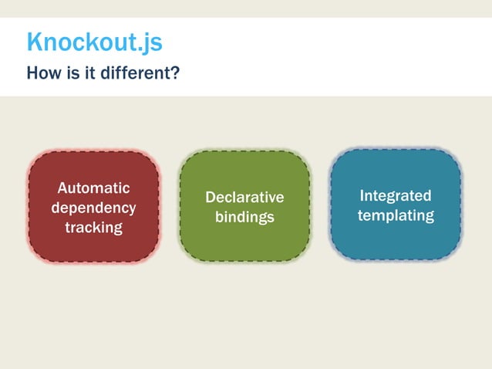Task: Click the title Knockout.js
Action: tap(94, 42)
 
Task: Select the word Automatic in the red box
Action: tap(93, 188)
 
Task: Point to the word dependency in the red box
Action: tap(93, 208)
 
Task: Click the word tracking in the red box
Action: tap(93, 227)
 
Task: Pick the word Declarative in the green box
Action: tap(244, 198)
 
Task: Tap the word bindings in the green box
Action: tap(244, 217)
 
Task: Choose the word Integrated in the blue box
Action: tap(396, 195)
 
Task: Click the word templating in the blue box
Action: tap(396, 215)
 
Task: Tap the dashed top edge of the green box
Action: tap(244, 151)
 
